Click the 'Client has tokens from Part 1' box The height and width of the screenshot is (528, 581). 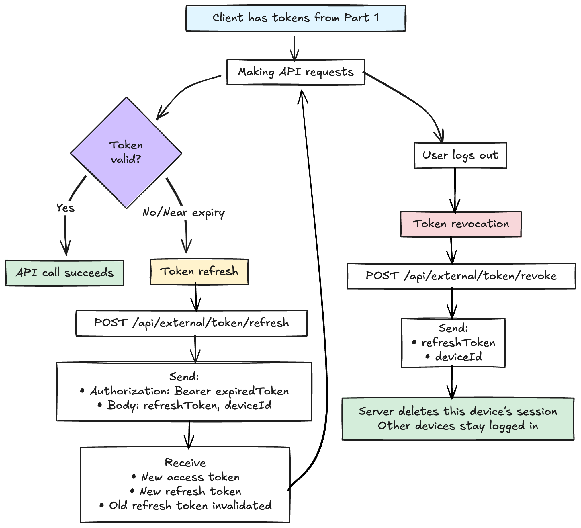(x=296, y=18)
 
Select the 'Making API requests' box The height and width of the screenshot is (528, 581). (x=296, y=72)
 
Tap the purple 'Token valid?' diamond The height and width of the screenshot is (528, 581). (x=126, y=152)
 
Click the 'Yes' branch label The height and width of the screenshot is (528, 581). (x=65, y=208)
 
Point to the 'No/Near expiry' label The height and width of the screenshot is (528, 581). (x=183, y=213)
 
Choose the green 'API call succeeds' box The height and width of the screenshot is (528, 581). (x=64, y=273)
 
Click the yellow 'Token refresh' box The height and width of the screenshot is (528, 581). (x=199, y=271)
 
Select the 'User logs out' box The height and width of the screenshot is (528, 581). (x=460, y=155)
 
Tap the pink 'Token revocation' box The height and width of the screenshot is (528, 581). (x=461, y=224)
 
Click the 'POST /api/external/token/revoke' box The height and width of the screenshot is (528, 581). (x=461, y=276)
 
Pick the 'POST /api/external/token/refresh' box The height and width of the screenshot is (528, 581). (x=191, y=323)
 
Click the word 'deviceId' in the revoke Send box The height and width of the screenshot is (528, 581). (x=459, y=357)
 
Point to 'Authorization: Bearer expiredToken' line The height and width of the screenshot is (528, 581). (x=189, y=391)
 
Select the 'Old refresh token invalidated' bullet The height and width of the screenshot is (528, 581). (x=190, y=506)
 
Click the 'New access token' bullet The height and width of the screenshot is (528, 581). (x=190, y=477)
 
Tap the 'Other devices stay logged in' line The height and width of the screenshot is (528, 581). (x=458, y=426)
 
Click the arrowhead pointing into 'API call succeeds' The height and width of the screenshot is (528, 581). (x=66, y=250)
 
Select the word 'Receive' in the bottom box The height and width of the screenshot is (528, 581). (x=185, y=463)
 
